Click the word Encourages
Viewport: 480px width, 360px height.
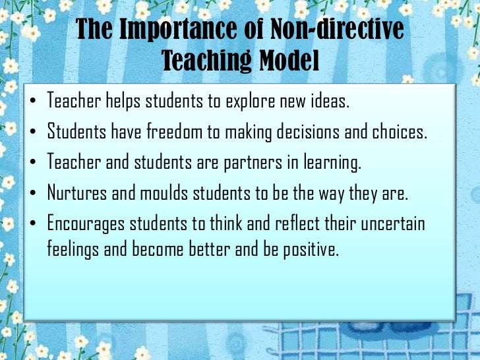pos(88,224)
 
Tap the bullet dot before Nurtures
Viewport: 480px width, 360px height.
pos(34,195)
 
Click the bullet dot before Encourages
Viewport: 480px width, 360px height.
pos(34,225)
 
